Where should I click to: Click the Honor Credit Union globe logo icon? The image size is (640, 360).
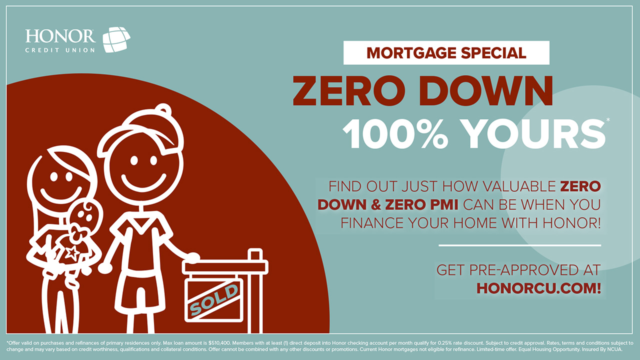coord(116,39)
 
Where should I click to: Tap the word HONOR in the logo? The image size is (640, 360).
coord(60,36)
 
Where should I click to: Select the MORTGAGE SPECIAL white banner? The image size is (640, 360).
coord(446,53)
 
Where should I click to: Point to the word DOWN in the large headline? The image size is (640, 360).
coord(485,91)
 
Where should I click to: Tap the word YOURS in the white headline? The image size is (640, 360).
coord(533,133)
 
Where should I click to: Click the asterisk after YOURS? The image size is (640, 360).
coord(607,119)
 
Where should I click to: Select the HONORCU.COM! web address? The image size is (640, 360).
coord(539,288)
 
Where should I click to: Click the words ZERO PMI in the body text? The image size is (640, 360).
coord(421,205)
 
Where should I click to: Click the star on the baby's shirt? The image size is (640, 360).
coord(71,253)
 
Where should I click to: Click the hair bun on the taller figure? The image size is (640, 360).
coord(163,109)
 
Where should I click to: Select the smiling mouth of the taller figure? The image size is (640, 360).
coord(143,183)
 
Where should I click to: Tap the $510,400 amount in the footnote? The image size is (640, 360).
coord(219,343)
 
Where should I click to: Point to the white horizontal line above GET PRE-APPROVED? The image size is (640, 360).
coord(519,245)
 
